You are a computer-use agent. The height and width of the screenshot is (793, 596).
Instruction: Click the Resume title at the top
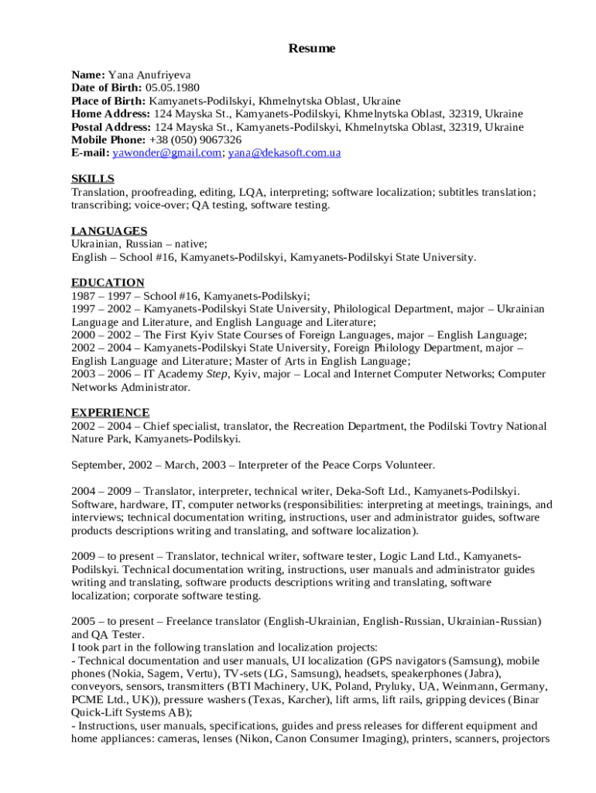pyautogui.click(x=312, y=49)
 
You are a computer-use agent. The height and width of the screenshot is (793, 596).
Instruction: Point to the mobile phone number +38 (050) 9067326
pyautogui.click(x=195, y=140)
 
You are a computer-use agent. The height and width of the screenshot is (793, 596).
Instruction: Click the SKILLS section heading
pyautogui.click(x=93, y=179)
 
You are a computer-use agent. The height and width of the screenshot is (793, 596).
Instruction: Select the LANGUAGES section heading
pyautogui.click(x=109, y=231)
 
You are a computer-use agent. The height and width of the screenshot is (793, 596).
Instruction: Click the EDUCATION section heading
pyautogui.click(x=108, y=283)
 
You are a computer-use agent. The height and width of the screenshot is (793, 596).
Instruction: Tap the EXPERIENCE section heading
pyautogui.click(x=111, y=413)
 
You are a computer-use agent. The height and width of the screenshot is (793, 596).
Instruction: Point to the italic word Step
pyautogui.click(x=217, y=374)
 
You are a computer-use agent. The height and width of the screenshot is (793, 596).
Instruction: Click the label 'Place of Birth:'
pyautogui.click(x=108, y=101)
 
